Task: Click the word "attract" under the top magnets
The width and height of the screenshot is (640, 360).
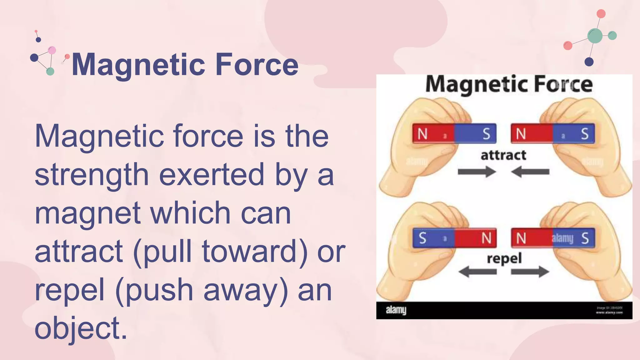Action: [x=503, y=155]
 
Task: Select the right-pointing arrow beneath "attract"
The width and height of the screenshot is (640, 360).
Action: [x=477, y=172]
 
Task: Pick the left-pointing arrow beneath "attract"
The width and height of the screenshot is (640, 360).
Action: [x=530, y=172]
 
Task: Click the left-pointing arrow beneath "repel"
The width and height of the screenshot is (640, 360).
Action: [x=477, y=271]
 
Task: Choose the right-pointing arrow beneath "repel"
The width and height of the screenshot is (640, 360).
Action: [x=530, y=271]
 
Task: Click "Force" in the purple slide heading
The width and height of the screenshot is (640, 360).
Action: [x=257, y=64]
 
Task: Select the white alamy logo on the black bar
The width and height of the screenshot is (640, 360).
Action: [x=396, y=310]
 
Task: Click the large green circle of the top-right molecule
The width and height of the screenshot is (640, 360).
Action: [x=595, y=36]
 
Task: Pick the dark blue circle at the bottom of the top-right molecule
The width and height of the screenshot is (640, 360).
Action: [x=589, y=62]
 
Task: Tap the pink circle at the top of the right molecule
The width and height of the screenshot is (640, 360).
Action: [x=601, y=14]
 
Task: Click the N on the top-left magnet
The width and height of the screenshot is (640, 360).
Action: [x=422, y=134]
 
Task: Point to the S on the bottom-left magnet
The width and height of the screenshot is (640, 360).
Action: [x=422, y=238]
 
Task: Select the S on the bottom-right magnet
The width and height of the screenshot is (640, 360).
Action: [x=585, y=238]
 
